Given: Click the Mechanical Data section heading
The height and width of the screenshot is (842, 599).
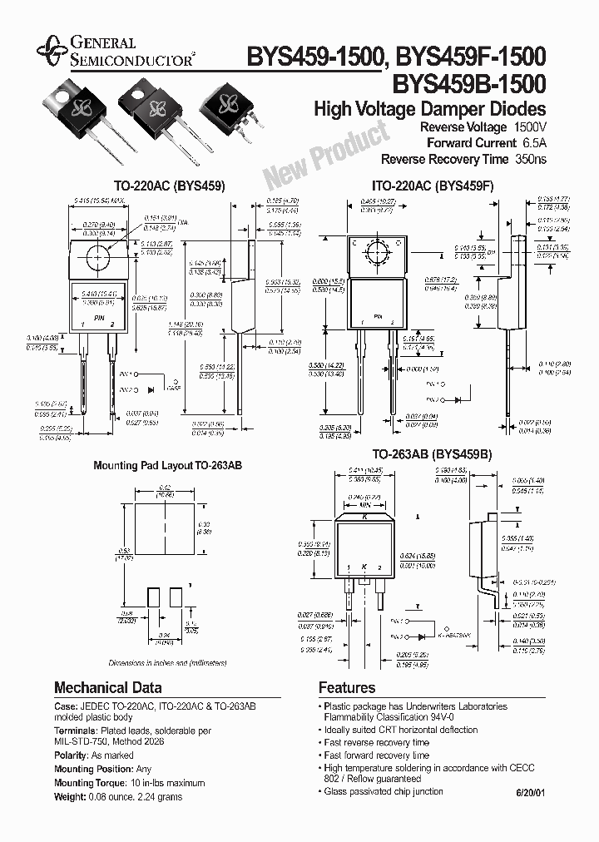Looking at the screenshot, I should (x=108, y=688).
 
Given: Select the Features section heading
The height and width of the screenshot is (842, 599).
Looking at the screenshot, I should (x=347, y=688).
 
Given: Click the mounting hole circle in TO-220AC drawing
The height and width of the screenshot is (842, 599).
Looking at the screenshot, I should (x=98, y=254).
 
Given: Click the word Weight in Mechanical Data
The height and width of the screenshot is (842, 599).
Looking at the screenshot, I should (x=69, y=795).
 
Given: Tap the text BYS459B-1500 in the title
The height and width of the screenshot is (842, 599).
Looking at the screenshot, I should (x=474, y=83).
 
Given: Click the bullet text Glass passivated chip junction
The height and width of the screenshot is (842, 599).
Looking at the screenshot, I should (x=384, y=791).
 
